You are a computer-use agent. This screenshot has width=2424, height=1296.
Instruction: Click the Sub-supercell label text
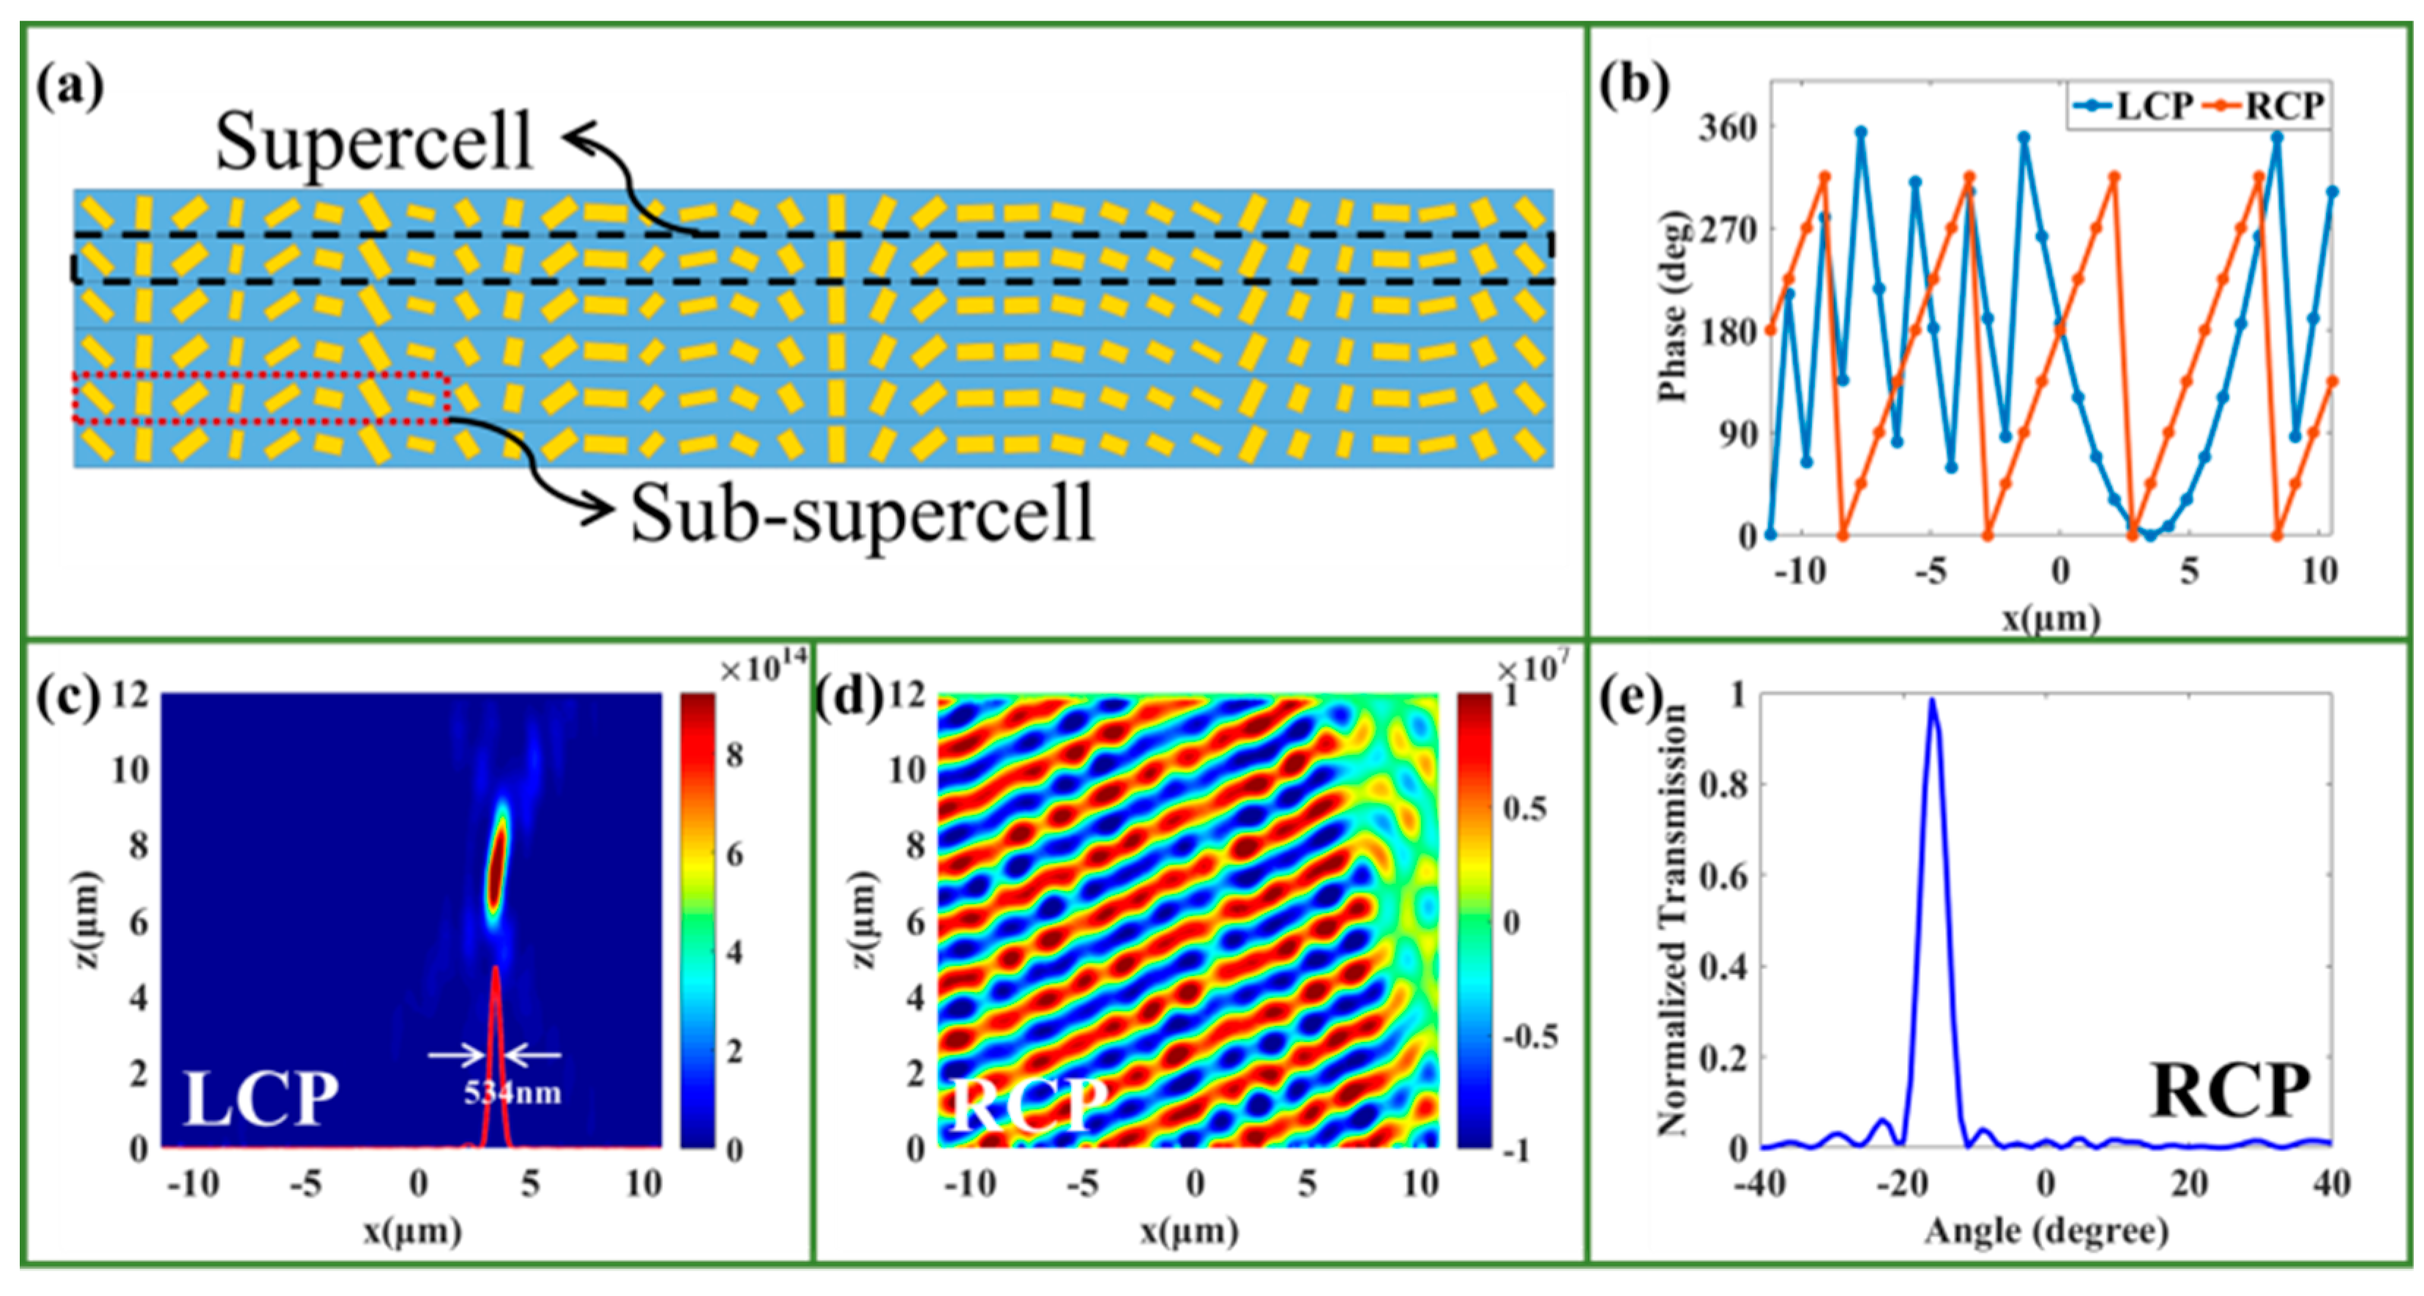[862, 514]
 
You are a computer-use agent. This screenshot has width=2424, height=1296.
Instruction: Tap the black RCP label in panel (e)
[2229, 1092]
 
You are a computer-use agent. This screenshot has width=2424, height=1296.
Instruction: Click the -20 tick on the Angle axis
[1903, 1184]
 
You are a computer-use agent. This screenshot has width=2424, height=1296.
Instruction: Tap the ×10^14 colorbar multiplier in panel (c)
[762, 669]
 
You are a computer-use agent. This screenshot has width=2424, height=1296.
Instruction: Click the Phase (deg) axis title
[1672, 308]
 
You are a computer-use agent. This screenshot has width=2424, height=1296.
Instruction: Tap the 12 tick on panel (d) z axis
[907, 696]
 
